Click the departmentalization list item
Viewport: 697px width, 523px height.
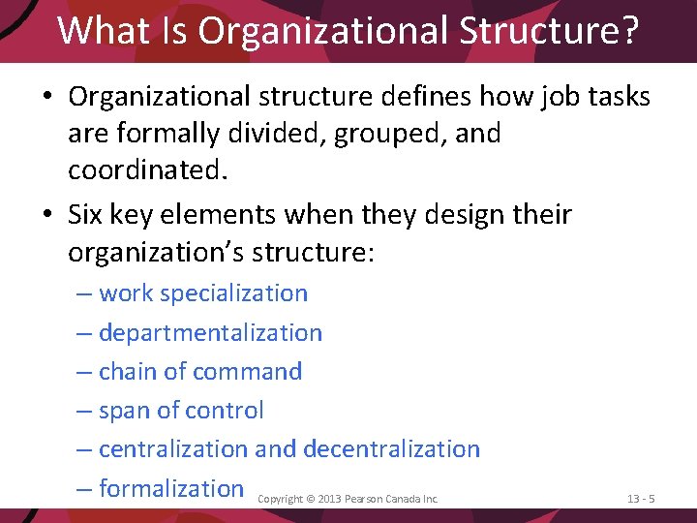click(210, 332)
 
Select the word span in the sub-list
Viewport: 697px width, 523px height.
click(124, 410)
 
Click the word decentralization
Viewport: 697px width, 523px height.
click(391, 448)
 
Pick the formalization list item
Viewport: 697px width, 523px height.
click(171, 488)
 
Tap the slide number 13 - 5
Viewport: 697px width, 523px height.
click(641, 499)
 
